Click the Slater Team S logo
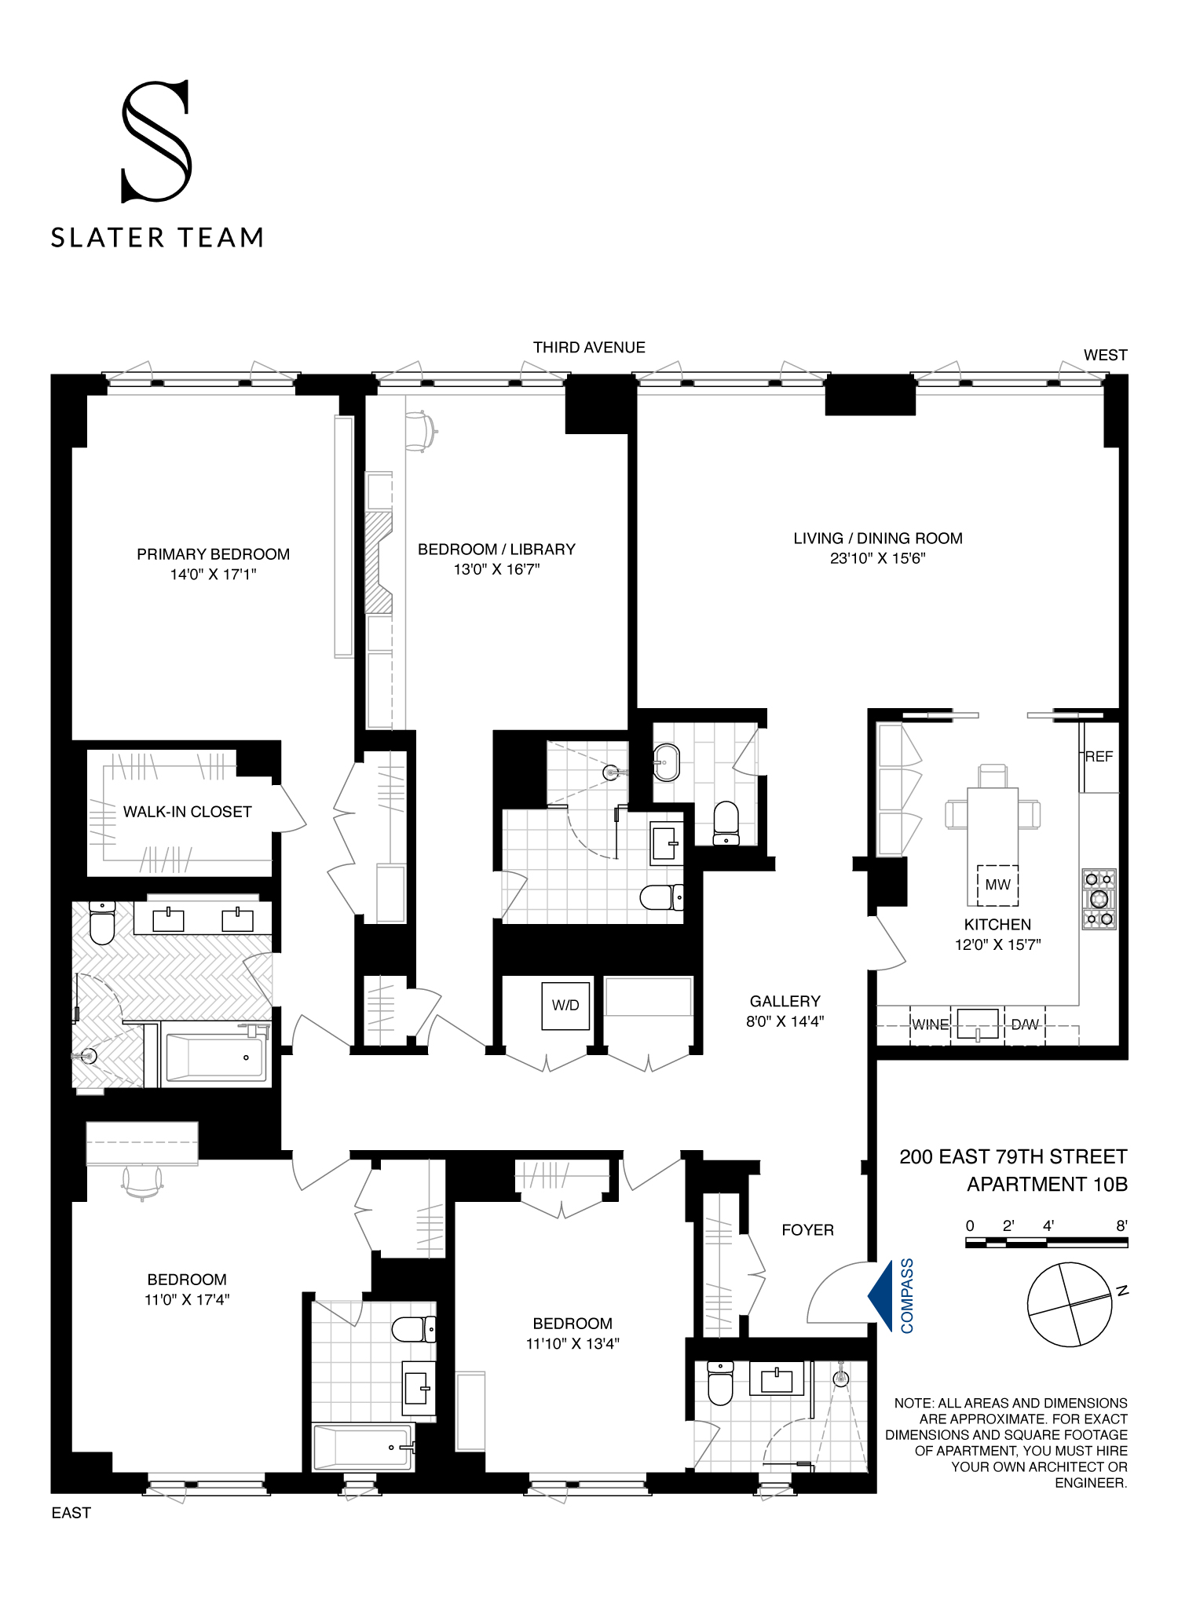click(156, 141)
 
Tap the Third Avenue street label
click(589, 347)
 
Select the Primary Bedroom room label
click(213, 554)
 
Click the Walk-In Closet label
click(187, 812)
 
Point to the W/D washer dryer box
click(565, 1005)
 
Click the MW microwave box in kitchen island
click(997, 885)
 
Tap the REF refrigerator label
click(1099, 757)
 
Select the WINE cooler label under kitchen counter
click(930, 1024)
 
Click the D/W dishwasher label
click(1025, 1024)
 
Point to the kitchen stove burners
click(1099, 899)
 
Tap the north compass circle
click(1070, 1304)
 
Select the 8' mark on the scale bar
click(1121, 1225)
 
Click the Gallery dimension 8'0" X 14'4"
click(785, 1021)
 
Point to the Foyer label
click(807, 1230)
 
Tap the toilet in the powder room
click(726, 822)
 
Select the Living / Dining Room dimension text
click(877, 559)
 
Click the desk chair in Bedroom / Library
click(421, 431)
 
